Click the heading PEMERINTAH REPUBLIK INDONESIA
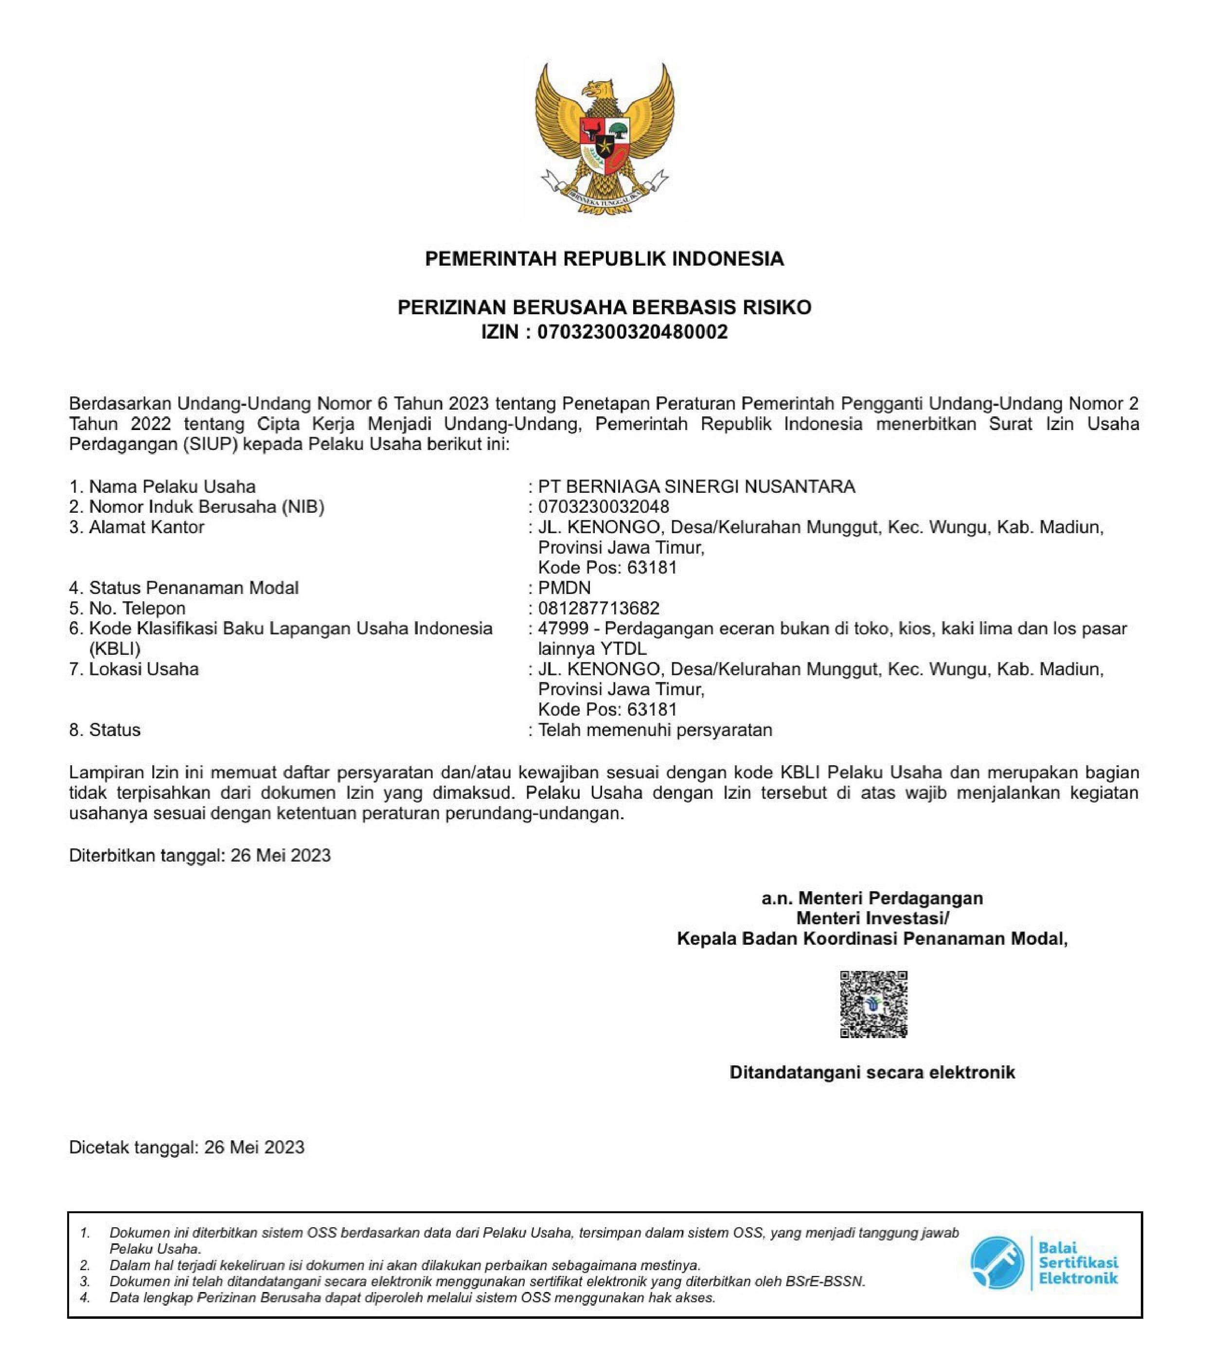[604, 258]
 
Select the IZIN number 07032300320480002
[632, 332]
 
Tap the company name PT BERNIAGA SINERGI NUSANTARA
[696, 486]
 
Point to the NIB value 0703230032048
[604, 507]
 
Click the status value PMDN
[564, 588]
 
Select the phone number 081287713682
[599, 608]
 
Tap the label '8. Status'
[105, 730]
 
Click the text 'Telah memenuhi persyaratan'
[655, 730]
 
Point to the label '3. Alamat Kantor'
[137, 527]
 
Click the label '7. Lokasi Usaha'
[134, 669]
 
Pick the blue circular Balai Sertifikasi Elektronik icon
[996, 1263]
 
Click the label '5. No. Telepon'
[127, 608]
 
